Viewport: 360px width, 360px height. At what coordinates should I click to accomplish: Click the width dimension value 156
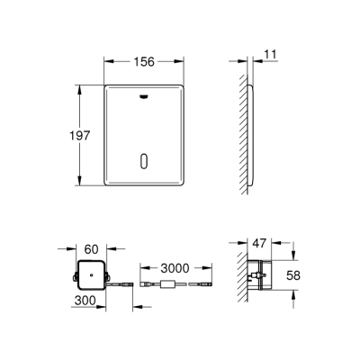[x=143, y=62]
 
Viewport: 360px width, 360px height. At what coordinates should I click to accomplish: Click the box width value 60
[x=90, y=248]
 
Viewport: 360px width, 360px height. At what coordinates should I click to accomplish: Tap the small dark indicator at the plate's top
[x=143, y=93]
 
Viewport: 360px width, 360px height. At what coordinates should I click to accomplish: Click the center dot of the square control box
[x=90, y=274]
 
